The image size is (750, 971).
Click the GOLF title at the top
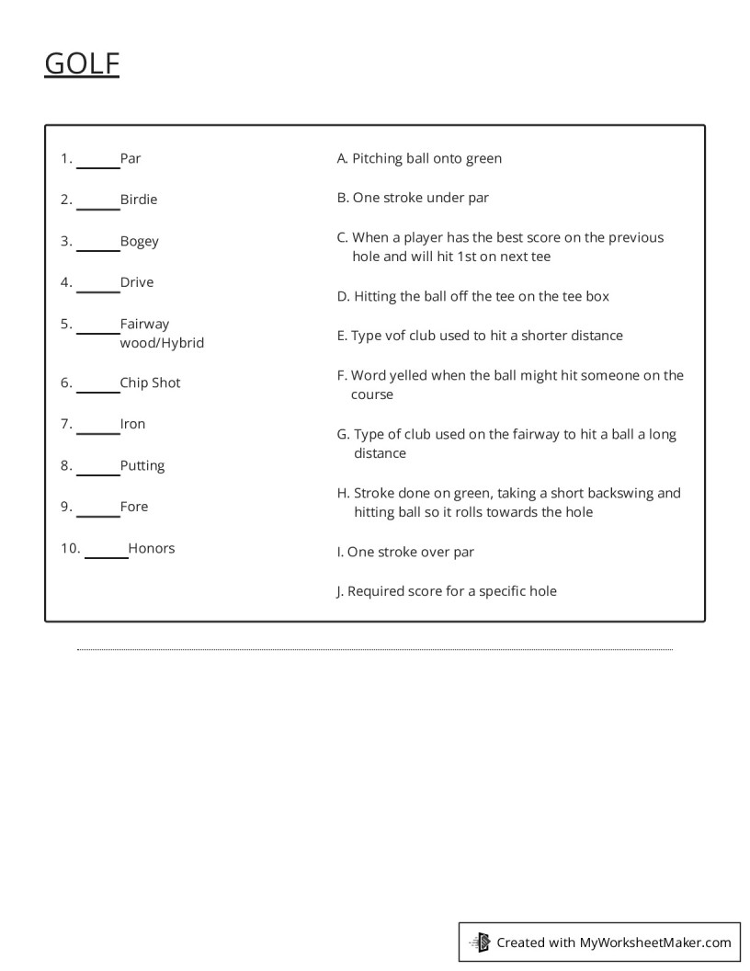pyautogui.click(x=82, y=63)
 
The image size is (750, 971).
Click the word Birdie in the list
pyautogui.click(x=139, y=200)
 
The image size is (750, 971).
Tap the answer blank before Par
pyautogui.click(x=97, y=160)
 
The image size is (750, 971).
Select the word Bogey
pyautogui.click(x=139, y=242)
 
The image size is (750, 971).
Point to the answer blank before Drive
pyautogui.click(x=97, y=284)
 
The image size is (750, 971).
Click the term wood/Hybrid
pyautogui.click(x=162, y=343)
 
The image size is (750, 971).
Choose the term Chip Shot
pyautogui.click(x=150, y=383)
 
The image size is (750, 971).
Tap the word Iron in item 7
pyautogui.click(x=132, y=424)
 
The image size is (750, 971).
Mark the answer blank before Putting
pyautogui.click(x=97, y=467)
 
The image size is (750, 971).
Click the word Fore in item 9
pyautogui.click(x=133, y=507)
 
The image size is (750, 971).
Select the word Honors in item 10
pyautogui.click(x=151, y=548)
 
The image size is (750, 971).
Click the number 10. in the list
pyautogui.click(x=71, y=548)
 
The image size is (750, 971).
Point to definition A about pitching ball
pyautogui.click(x=419, y=158)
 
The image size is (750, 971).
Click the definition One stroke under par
pyautogui.click(x=413, y=198)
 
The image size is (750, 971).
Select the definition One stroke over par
pyautogui.click(x=405, y=552)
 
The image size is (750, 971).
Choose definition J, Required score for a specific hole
pyautogui.click(x=447, y=591)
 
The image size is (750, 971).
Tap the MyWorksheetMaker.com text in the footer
pyautogui.click(x=655, y=942)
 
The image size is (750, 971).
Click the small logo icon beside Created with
pyautogui.click(x=480, y=942)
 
